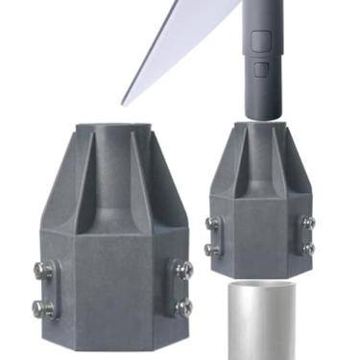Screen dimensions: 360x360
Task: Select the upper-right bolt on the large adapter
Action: click(185, 271)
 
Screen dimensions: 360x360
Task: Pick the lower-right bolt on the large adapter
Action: click(184, 308)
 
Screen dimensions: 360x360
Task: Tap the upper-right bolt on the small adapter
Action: click(308, 223)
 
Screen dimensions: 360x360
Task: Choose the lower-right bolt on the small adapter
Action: click(308, 248)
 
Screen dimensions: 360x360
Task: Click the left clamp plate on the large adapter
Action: click(48, 290)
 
